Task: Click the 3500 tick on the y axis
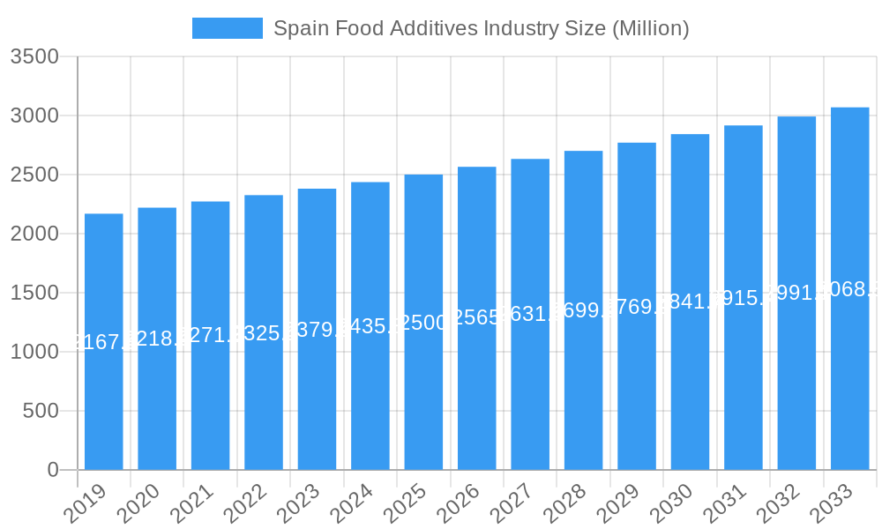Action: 34,57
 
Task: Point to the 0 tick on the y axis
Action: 52,470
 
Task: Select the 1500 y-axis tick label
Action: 34,293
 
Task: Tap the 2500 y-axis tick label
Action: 34,175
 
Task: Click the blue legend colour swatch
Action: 228,28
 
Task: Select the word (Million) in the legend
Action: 649,28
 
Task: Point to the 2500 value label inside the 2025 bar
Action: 423,322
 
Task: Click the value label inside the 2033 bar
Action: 850,289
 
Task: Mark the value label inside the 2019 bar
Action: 104,342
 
